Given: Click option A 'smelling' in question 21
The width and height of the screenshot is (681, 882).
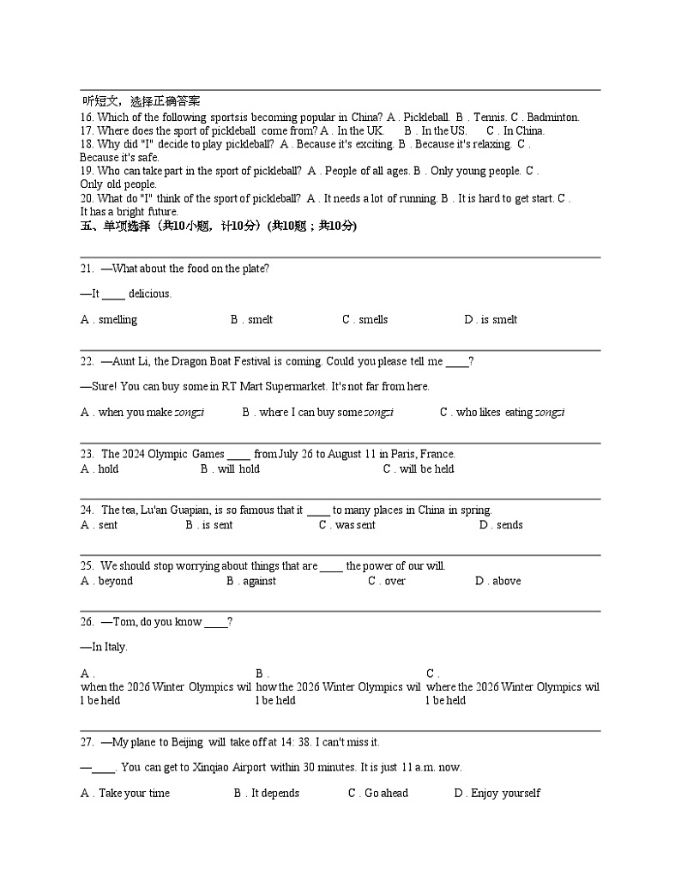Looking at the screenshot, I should tap(109, 320).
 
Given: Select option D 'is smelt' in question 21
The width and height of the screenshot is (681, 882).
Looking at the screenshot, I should tap(491, 320).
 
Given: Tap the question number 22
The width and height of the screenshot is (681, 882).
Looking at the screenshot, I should tap(87, 361).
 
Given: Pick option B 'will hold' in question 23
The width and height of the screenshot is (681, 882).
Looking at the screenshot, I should tap(230, 469).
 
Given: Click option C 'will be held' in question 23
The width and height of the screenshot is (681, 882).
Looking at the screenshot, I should tap(419, 469).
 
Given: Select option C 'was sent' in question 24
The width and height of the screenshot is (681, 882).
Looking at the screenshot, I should tap(347, 525).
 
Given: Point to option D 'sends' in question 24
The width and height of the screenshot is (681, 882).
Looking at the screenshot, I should tap(501, 525).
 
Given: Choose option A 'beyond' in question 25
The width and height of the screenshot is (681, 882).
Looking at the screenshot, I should tap(107, 581).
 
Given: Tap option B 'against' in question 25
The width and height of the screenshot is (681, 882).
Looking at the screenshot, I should tap(251, 581).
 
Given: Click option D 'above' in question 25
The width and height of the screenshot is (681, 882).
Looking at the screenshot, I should tap(497, 581).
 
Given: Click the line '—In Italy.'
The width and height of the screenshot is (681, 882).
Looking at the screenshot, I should tap(104, 647).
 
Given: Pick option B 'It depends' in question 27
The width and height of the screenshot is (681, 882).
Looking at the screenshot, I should tap(267, 794).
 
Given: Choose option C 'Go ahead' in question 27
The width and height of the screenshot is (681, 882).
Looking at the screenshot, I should tap(378, 794).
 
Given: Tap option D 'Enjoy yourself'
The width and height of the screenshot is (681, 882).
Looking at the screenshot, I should tap(497, 794).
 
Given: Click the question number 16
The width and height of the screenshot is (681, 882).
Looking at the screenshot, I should tap(87, 118).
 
